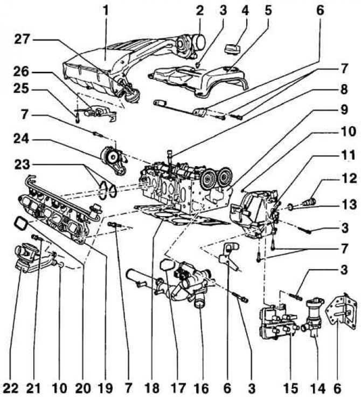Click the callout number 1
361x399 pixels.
(x=106, y=9)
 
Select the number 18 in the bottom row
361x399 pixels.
(x=155, y=388)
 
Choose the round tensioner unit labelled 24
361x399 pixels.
(x=113, y=158)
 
